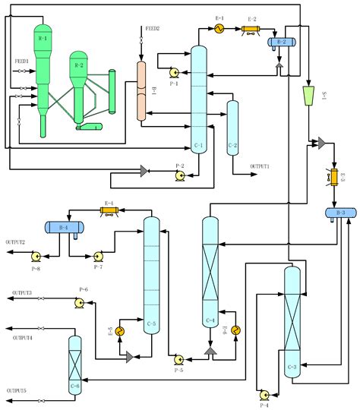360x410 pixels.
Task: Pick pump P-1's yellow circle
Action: pyautogui.click(x=174, y=73)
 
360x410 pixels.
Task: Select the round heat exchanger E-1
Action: pyautogui.click(x=218, y=29)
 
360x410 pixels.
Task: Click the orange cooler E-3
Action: pyautogui.click(x=333, y=178)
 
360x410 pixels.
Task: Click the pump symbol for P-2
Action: pyautogui.click(x=180, y=174)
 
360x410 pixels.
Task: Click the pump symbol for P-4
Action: pyautogui.click(x=263, y=395)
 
